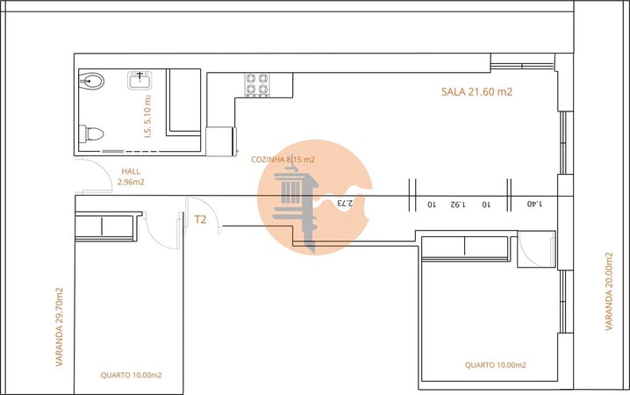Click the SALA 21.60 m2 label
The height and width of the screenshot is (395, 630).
(x=476, y=92)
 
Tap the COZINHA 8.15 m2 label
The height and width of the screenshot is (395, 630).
(x=283, y=159)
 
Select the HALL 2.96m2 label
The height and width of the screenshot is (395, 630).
(x=131, y=177)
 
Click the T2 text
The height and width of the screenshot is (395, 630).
(x=200, y=219)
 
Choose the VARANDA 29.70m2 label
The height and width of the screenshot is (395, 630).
(x=60, y=327)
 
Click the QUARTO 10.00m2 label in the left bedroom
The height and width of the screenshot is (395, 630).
(x=131, y=375)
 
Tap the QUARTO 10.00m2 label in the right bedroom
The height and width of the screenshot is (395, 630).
(x=495, y=365)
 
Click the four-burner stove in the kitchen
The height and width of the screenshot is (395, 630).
(x=256, y=83)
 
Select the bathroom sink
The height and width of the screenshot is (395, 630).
(x=141, y=81)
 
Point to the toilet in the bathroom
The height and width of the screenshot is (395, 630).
(x=92, y=134)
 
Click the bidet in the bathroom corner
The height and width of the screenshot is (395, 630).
(x=91, y=83)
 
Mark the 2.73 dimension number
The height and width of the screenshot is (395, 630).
(x=344, y=203)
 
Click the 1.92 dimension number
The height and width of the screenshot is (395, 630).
(x=456, y=204)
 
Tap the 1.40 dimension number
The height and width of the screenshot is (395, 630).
(x=534, y=204)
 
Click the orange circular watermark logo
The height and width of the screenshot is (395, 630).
(x=314, y=197)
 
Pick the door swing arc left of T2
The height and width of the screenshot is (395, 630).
(x=163, y=230)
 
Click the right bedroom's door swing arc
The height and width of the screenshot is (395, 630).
(x=533, y=250)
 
